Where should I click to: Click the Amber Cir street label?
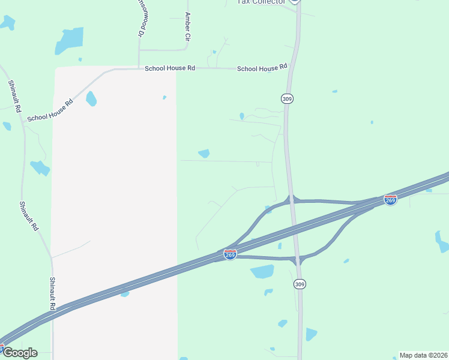click(x=188, y=27)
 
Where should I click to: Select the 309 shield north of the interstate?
click(x=287, y=98)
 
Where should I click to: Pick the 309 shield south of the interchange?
click(x=300, y=284)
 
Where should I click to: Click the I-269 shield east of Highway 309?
click(x=390, y=200)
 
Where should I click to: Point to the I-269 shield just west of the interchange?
click(x=230, y=254)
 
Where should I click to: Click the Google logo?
click(x=19, y=353)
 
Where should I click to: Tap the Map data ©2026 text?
click(x=423, y=355)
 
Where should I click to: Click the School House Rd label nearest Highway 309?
click(x=262, y=69)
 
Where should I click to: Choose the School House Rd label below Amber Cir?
click(x=170, y=68)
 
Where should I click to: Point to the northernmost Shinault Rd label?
click(x=14, y=97)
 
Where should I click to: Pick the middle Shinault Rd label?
click(x=28, y=216)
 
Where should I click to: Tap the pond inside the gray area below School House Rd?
click(x=91, y=98)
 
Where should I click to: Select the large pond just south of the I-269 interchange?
click(x=262, y=272)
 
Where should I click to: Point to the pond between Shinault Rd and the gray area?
click(x=40, y=167)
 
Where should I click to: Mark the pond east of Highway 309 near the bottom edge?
click(x=311, y=334)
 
